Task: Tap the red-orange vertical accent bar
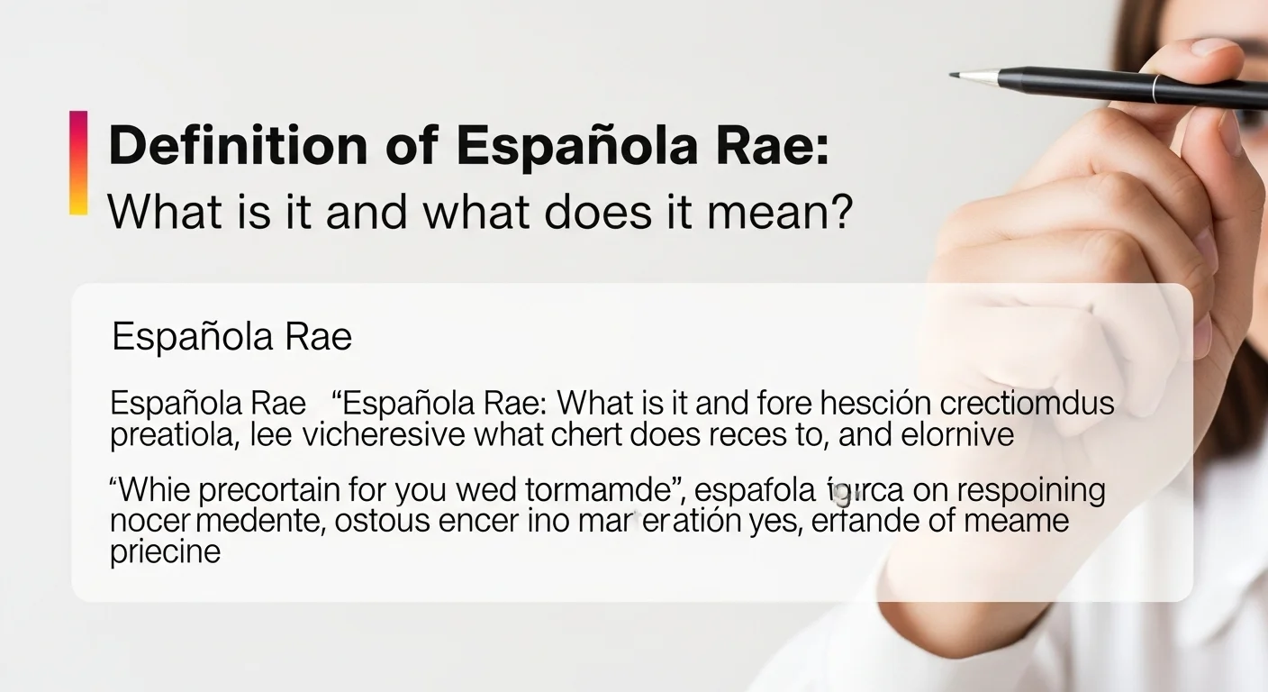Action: (x=78, y=162)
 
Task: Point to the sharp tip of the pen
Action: (x=954, y=76)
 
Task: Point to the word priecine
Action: (x=165, y=551)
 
